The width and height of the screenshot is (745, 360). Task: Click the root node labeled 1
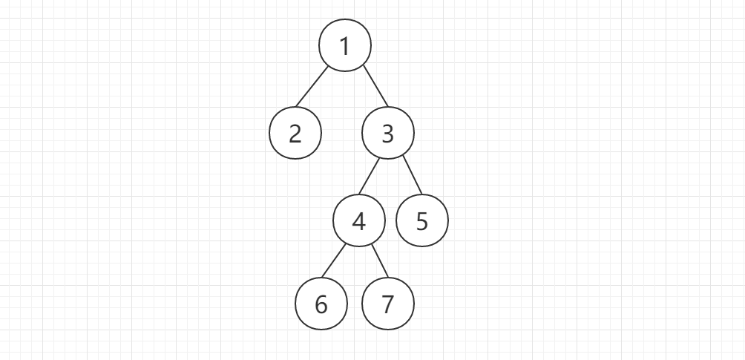345,46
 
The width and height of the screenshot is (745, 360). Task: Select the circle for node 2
295,134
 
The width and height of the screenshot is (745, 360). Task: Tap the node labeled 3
387,134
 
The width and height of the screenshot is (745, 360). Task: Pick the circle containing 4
359,221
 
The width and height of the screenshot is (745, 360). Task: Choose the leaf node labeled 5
422,221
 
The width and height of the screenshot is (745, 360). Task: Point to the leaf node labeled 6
321,304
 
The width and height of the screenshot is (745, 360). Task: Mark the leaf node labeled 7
387,304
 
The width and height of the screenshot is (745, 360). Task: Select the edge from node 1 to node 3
375,88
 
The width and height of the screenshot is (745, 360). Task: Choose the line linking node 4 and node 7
379,260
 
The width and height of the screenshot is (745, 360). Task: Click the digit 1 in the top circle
345,46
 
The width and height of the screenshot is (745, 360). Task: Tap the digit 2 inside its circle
295,134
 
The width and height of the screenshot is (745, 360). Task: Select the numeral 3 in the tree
387,134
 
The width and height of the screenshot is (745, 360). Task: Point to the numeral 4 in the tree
359,221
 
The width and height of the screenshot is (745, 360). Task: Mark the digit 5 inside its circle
422,221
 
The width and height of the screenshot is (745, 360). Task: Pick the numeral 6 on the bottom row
321,304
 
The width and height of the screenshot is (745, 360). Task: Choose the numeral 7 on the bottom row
387,304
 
